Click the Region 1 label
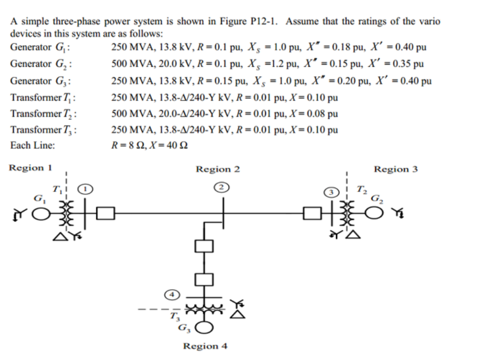(x=31, y=168)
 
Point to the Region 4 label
(x=205, y=346)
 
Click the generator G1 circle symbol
(x=42, y=213)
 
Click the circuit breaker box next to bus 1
(x=107, y=213)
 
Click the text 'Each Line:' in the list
(x=33, y=146)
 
